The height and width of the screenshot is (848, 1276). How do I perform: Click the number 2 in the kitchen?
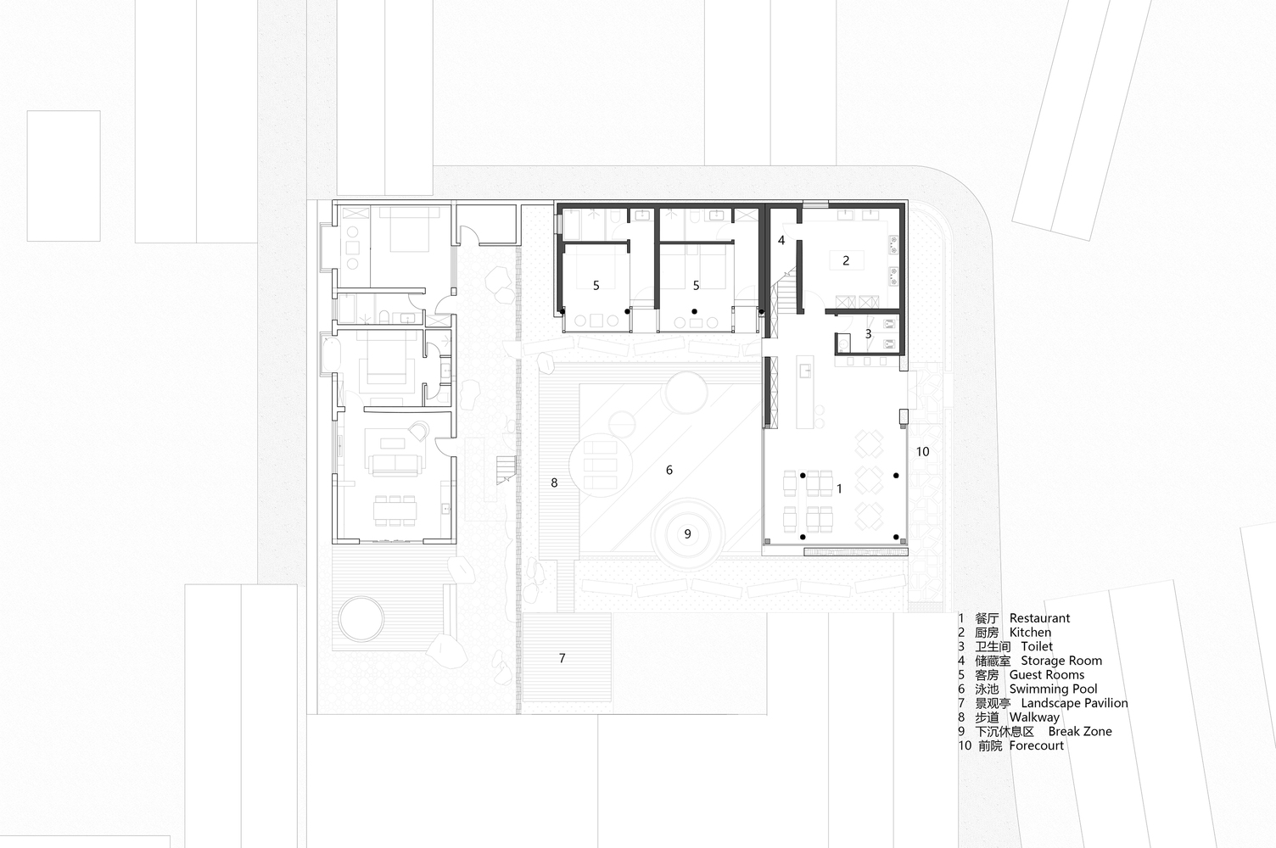(x=846, y=261)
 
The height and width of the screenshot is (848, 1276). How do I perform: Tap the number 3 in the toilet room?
(x=868, y=334)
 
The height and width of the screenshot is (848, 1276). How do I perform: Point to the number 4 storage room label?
(x=781, y=240)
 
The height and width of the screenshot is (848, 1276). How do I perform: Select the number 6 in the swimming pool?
(x=669, y=470)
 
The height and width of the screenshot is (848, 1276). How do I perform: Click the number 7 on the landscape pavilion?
(x=562, y=658)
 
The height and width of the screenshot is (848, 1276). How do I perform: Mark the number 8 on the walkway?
(x=554, y=483)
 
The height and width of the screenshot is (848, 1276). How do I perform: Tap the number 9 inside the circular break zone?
(x=687, y=533)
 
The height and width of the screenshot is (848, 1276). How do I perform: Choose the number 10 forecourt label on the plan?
(x=923, y=452)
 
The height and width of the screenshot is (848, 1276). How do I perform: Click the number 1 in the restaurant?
(x=839, y=488)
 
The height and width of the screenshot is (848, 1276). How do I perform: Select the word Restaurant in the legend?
(x=1039, y=618)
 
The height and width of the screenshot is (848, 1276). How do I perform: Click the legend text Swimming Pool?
(x=1053, y=689)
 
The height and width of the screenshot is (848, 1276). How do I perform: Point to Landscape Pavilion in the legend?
(x=1074, y=703)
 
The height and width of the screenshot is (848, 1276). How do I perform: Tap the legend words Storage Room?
(x=1061, y=661)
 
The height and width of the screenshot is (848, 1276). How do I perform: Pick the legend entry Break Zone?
(x=1080, y=731)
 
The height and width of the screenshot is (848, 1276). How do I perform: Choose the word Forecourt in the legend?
(x=1036, y=745)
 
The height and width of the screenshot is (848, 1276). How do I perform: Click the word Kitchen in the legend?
(x=1030, y=632)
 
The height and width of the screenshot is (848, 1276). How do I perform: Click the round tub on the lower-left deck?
(x=361, y=618)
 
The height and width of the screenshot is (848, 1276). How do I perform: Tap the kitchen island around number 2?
(x=846, y=261)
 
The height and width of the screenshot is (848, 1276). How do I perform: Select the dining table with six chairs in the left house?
(x=395, y=510)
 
